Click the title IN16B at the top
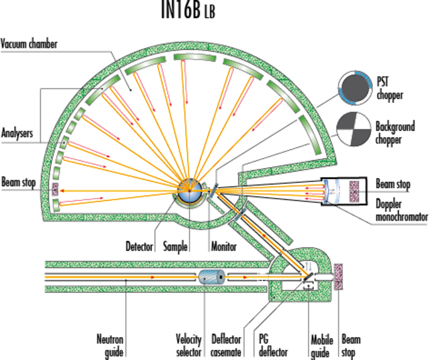coord(180,11)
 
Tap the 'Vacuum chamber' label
coord(29,45)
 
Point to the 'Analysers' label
coord(17,134)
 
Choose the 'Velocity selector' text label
coord(188,346)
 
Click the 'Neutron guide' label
coord(110,346)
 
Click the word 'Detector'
coord(139,247)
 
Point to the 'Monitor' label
coord(224,247)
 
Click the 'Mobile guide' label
coord(322,346)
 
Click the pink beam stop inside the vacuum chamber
coord(56,189)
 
